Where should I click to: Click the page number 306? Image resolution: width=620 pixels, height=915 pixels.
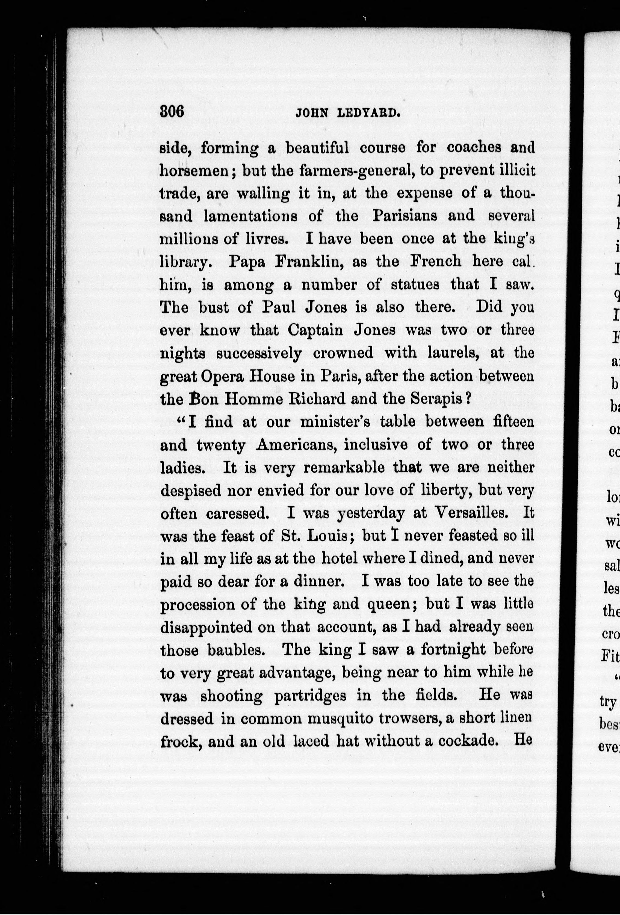(x=172, y=112)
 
